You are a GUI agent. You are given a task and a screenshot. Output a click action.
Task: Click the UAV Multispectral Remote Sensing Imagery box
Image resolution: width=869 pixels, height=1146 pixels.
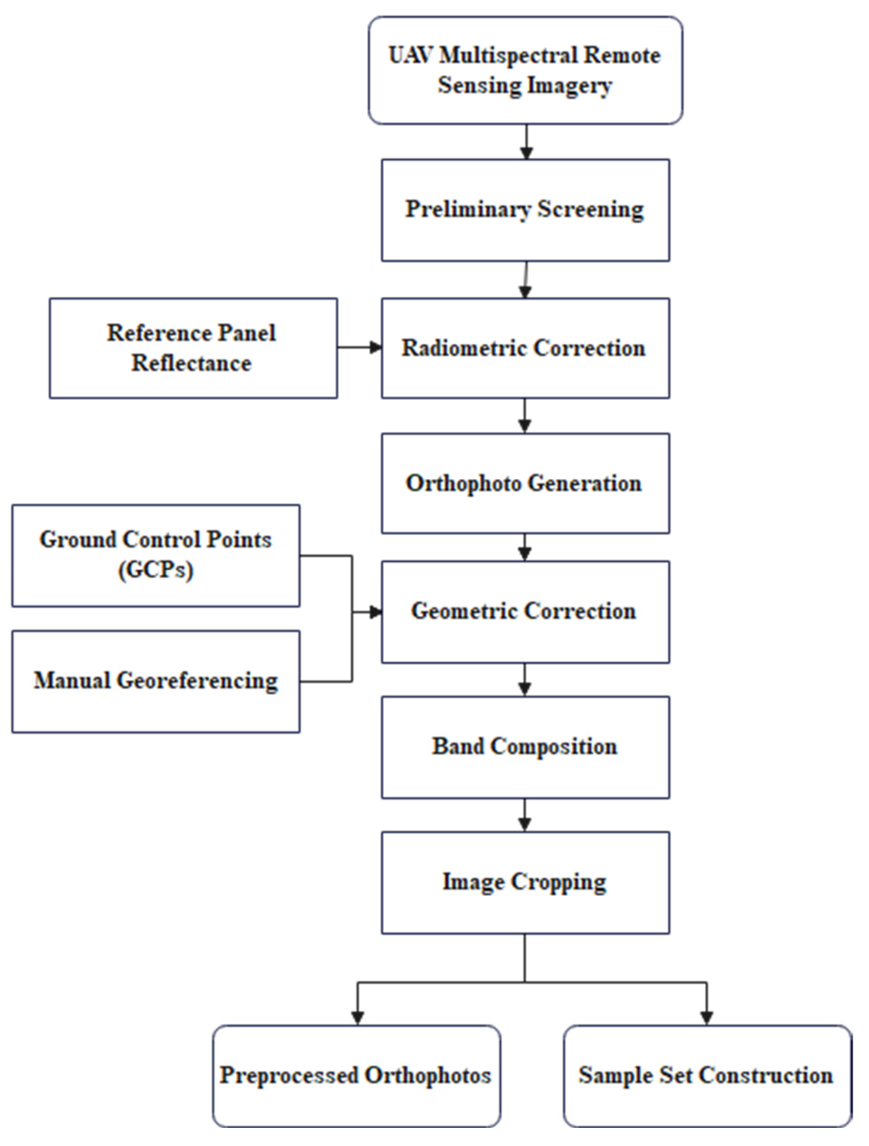click(x=525, y=70)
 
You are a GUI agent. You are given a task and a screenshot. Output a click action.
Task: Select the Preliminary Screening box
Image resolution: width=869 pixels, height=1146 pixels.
click(x=525, y=210)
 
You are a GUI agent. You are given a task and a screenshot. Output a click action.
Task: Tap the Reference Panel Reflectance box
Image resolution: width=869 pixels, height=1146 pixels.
click(x=193, y=348)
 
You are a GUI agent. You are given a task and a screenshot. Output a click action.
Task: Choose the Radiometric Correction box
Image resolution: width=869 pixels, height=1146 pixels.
click(x=525, y=348)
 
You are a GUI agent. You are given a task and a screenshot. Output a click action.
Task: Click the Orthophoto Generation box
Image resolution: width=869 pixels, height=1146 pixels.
click(x=525, y=483)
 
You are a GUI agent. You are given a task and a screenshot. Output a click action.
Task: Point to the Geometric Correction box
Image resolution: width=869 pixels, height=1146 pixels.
click(x=525, y=612)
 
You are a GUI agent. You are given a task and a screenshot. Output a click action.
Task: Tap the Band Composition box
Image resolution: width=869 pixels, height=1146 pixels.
click(x=525, y=747)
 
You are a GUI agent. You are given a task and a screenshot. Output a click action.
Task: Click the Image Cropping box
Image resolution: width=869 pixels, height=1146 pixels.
click(x=525, y=883)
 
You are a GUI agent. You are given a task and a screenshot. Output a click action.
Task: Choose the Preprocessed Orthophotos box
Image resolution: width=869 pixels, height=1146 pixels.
click(x=356, y=1076)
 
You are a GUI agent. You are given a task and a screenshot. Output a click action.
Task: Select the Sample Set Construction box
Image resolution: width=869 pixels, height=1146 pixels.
click(x=708, y=1076)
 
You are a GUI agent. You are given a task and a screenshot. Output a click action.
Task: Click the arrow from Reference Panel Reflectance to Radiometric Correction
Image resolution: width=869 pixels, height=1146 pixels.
click(x=360, y=347)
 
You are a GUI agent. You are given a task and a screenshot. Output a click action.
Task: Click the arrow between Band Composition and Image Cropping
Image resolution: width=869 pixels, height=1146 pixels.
click(x=525, y=815)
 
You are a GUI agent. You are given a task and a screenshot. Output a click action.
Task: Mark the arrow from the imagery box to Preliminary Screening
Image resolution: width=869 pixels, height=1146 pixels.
click(x=526, y=141)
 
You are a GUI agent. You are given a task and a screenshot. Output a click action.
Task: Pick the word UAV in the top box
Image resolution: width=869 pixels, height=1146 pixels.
click(x=410, y=55)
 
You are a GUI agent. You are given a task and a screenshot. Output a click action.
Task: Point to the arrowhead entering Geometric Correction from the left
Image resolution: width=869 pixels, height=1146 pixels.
click(x=375, y=612)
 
